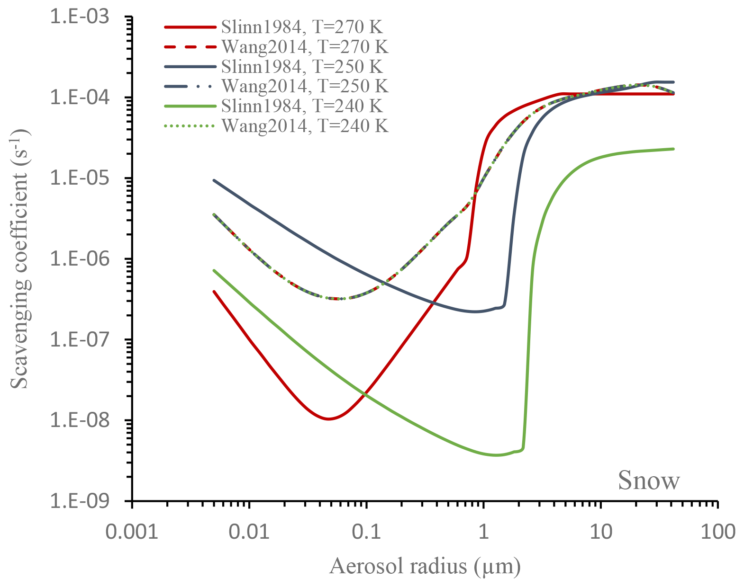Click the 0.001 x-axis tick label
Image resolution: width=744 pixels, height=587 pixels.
click(132, 531)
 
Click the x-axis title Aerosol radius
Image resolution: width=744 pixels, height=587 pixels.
click(425, 566)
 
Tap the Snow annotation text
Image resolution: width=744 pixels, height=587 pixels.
click(649, 480)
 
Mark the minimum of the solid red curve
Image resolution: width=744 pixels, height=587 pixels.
click(328, 419)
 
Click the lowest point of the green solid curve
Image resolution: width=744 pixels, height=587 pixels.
click(496, 455)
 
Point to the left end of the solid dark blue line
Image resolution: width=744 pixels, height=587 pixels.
click(214, 180)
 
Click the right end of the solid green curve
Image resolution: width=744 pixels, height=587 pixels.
click(673, 149)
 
